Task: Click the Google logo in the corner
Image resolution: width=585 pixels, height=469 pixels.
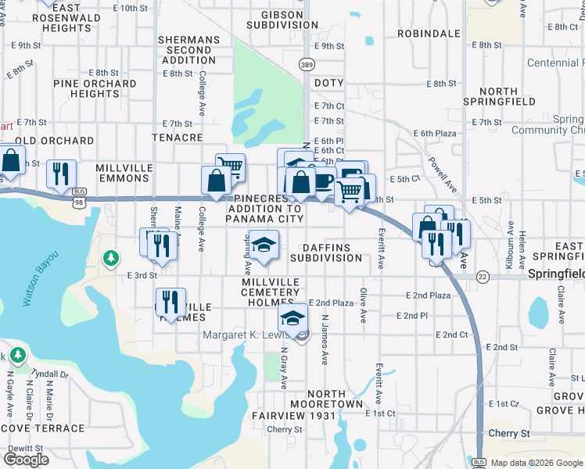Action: click(x=27, y=460)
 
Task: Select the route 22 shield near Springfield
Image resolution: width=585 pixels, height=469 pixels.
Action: click(x=483, y=277)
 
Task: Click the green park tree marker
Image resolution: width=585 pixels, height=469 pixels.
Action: click(x=111, y=257)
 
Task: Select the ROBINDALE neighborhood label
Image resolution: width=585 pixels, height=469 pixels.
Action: click(x=429, y=34)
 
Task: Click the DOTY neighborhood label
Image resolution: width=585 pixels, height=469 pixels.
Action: click(x=329, y=82)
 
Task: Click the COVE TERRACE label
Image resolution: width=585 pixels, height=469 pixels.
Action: click(x=42, y=428)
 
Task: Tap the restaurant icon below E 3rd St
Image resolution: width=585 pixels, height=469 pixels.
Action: click(x=170, y=301)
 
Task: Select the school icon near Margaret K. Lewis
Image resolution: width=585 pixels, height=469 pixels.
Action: click(x=293, y=317)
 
